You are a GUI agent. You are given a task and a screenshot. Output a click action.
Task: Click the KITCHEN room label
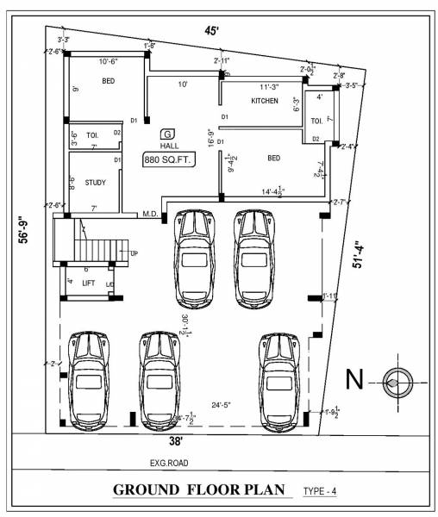[265, 102]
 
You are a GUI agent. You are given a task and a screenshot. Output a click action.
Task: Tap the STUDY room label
[94, 182]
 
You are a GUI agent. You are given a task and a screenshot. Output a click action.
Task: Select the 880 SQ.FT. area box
[170, 161]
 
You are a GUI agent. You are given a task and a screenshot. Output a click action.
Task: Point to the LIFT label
[88, 283]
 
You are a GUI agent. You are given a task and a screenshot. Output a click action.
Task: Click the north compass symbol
[397, 379]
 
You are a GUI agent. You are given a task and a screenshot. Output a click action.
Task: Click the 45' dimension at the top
[211, 31]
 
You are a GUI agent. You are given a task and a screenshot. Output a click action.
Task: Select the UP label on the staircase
[134, 252]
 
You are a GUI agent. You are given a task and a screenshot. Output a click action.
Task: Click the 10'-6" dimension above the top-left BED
[108, 61]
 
